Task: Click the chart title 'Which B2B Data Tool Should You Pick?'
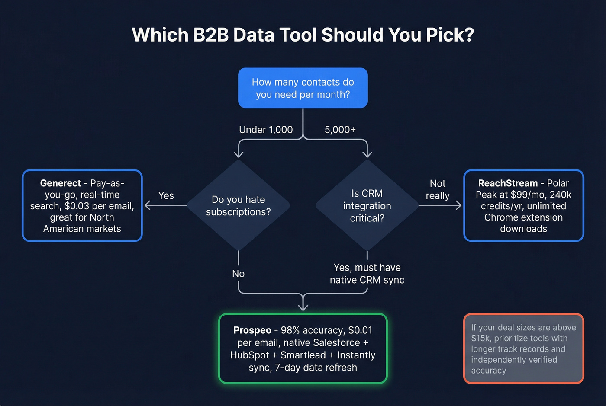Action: [x=303, y=35]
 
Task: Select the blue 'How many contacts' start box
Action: [x=303, y=88]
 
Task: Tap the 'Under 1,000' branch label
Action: [x=266, y=130]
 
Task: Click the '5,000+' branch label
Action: [x=340, y=130]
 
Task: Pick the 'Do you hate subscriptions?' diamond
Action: [x=238, y=205]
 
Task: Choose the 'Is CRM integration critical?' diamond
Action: [x=367, y=205]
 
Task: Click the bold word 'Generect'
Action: [x=61, y=183]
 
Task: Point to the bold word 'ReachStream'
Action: [x=508, y=183]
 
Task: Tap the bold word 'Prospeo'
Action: [x=252, y=330]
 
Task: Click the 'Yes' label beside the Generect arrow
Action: [x=166, y=195]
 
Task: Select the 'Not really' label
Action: [x=437, y=189]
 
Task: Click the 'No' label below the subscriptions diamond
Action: [x=238, y=274]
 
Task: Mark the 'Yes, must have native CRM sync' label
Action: [x=367, y=274]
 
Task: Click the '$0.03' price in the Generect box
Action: [x=77, y=206]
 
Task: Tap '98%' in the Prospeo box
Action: [x=290, y=330]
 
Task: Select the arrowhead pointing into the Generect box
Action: [x=147, y=205]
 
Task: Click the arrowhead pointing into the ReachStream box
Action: [x=458, y=205]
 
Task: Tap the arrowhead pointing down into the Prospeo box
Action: [x=303, y=307]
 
